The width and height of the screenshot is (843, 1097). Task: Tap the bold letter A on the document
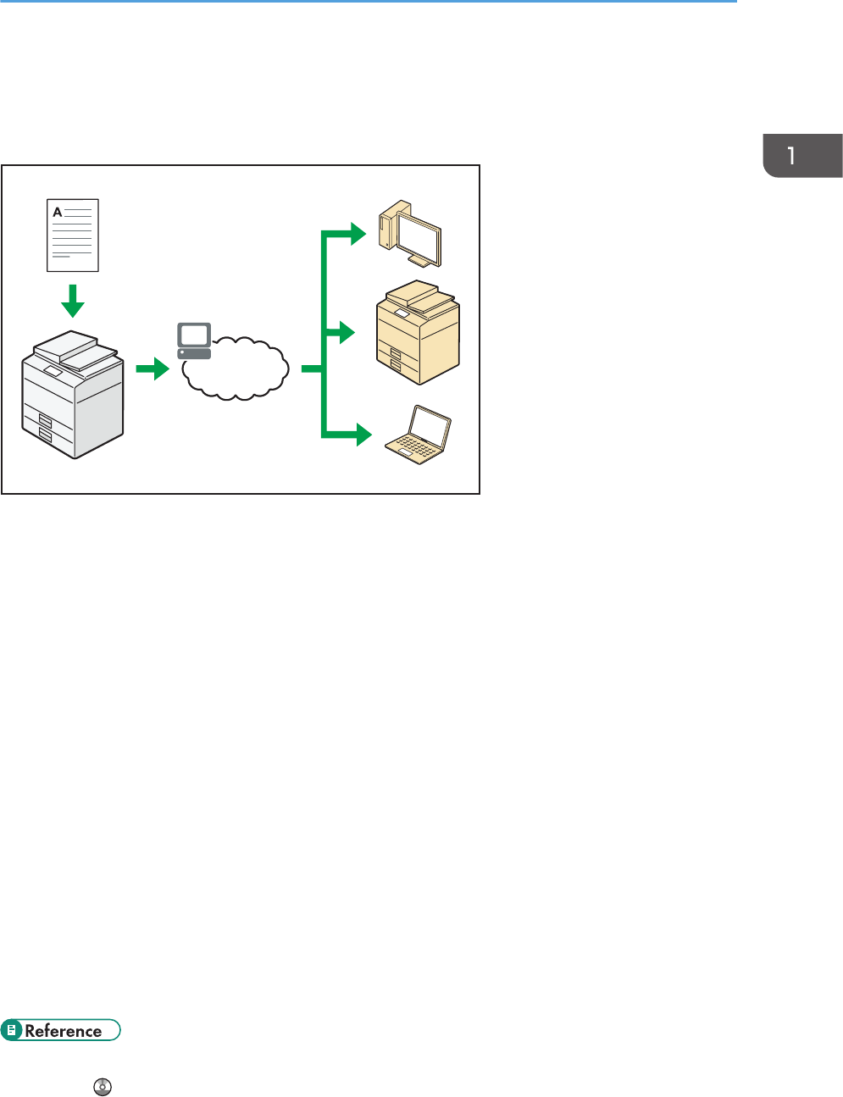(x=58, y=212)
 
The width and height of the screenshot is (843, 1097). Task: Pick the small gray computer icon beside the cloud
(x=194, y=341)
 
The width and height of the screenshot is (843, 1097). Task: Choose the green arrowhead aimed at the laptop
(x=363, y=435)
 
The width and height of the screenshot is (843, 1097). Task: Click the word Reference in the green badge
(x=64, y=1031)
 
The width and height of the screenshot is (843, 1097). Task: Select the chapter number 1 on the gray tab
(x=791, y=156)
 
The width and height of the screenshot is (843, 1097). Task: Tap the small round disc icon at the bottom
(x=103, y=1087)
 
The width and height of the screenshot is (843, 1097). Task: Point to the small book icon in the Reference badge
(x=13, y=1031)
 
